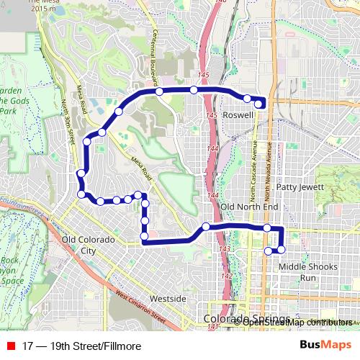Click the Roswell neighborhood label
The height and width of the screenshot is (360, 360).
(x=238, y=116)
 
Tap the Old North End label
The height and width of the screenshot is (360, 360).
(x=249, y=207)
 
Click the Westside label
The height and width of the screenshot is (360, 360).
(x=168, y=298)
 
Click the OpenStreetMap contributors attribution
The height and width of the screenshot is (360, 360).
(x=297, y=322)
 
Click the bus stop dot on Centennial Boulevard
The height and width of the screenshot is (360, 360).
(x=158, y=91)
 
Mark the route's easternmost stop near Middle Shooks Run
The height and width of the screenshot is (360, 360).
(x=281, y=249)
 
